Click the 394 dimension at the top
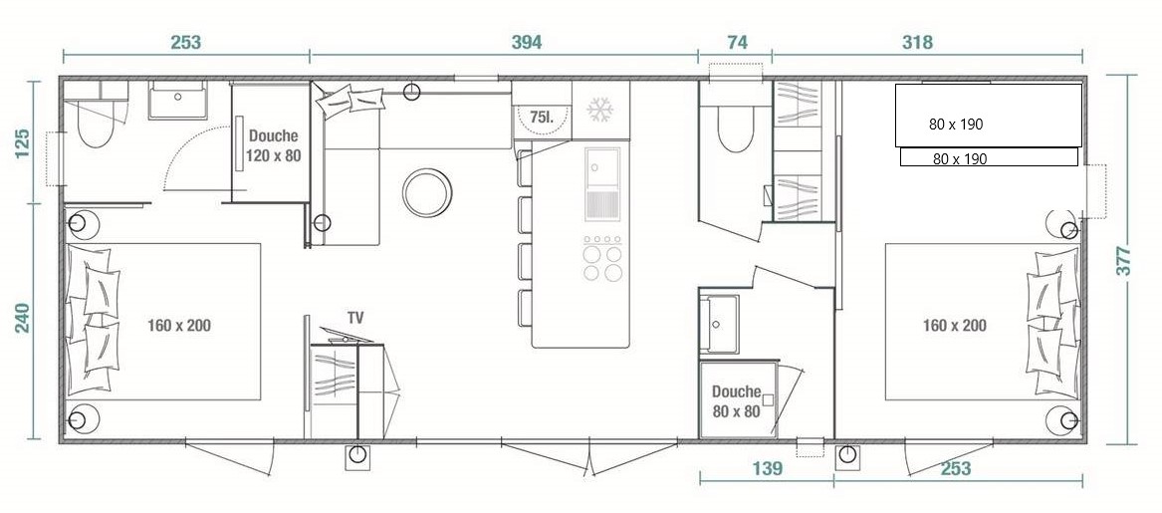coord(527,42)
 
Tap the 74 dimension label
coord(737,42)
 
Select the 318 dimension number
coord(917,42)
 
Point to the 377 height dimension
coord(1125,260)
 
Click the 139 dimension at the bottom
coord(767,468)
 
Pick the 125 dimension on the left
coord(22,143)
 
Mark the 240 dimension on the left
coord(22,318)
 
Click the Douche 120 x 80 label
coord(274,146)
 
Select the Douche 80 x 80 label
coord(737,401)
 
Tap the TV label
coord(355,318)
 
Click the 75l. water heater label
coord(542,117)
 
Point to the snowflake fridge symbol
coord(599,111)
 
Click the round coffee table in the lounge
coord(427,192)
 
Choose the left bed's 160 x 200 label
coord(178,325)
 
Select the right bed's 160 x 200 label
coord(955,325)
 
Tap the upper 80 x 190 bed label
coord(956,125)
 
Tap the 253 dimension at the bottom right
coord(955,468)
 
